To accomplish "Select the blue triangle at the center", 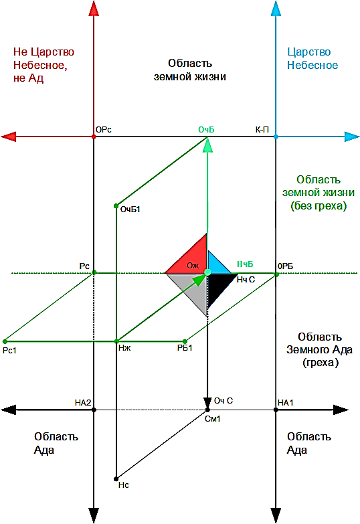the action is pos(215,264).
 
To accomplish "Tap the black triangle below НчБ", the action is pos(217,286).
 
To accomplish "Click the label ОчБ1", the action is pos(130,209).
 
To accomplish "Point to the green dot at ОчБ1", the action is pos(116,206).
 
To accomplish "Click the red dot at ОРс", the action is pos(94,137).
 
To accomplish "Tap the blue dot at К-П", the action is pos(276,137).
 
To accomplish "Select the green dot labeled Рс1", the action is pos(5,341).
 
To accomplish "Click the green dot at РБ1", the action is pos(185,341).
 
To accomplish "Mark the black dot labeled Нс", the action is pos(116,479).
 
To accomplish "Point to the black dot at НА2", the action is pos(94,410).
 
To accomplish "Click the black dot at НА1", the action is pos(276,410).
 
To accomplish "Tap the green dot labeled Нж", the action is pos(116,341).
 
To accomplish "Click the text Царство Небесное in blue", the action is pos(312,58).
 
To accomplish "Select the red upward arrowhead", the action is pos(94,8).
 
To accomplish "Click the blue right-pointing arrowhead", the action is pos(352,137).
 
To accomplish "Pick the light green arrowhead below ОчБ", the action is pos(207,145).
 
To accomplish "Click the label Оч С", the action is pos(223,401).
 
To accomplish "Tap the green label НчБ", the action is pos(245,264).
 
